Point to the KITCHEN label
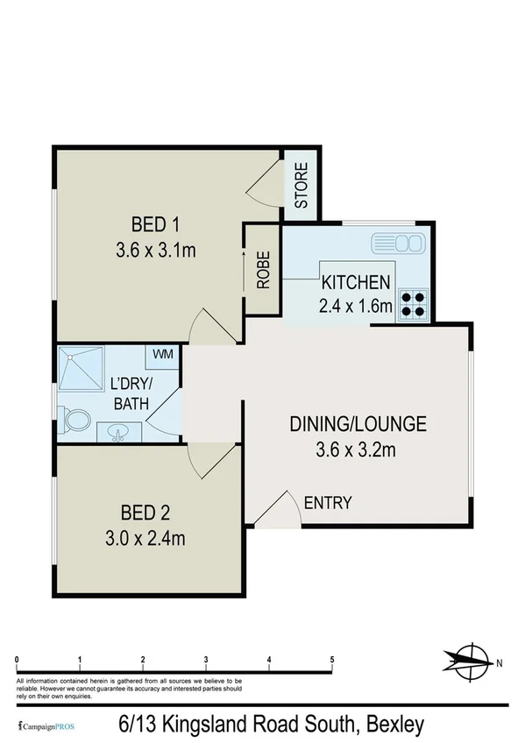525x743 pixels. [x=355, y=282]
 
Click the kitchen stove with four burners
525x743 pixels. [x=413, y=302]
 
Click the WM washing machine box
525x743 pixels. [x=163, y=354]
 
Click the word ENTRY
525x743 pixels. [x=328, y=503]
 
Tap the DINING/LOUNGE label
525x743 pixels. [x=358, y=425]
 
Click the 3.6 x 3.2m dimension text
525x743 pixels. [x=358, y=452]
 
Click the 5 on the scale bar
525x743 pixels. [x=332, y=660]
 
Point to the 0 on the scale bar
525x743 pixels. [x=18, y=660]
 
